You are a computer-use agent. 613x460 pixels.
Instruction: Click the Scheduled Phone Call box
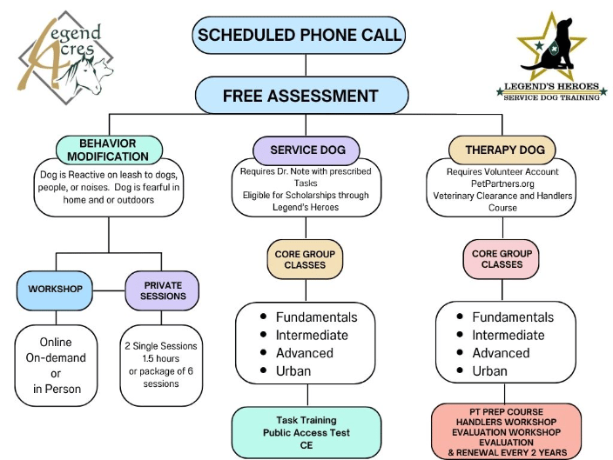[x=300, y=36]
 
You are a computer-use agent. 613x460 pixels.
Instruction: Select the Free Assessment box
[x=300, y=95]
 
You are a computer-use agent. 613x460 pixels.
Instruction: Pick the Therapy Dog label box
[x=504, y=150]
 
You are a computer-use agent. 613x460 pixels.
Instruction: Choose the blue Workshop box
[x=54, y=289]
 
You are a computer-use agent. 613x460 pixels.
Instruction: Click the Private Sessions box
[x=163, y=289]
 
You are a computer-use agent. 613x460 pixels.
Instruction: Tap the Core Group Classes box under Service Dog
[x=306, y=259]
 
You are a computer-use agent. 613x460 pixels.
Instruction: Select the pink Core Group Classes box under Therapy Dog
[x=502, y=259]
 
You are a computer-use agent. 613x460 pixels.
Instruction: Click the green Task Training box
[x=306, y=432]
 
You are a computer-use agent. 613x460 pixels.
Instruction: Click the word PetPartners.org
[x=504, y=183]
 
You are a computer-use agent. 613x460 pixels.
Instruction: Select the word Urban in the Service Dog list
[x=293, y=371]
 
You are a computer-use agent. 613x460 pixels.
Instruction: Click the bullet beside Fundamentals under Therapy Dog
[x=458, y=317]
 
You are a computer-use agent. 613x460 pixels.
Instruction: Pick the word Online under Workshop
[x=55, y=343]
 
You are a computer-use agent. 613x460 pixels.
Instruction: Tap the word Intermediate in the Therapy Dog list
[x=509, y=335]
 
